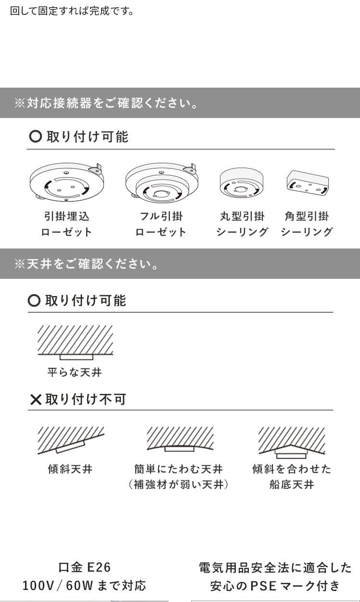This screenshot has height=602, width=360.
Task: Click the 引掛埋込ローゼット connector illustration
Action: click(x=66, y=182)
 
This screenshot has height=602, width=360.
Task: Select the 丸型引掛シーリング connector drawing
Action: click(x=241, y=183)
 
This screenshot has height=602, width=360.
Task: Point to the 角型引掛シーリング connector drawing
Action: click(x=308, y=183)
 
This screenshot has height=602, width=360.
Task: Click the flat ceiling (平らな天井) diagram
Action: click(x=75, y=342)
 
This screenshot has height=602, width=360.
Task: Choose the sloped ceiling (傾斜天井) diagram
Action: click(x=71, y=441)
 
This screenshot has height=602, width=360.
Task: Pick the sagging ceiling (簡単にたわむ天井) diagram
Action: click(x=180, y=439)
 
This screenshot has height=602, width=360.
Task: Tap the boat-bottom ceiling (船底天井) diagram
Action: click(x=292, y=443)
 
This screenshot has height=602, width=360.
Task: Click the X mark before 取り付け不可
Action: click(x=36, y=399)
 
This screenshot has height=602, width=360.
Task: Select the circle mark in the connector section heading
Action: click(x=36, y=136)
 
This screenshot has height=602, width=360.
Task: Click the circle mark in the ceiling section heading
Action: click(x=34, y=300)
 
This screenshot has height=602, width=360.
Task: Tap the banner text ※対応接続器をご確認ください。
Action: click(x=106, y=103)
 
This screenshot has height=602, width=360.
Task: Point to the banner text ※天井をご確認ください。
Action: click(x=86, y=264)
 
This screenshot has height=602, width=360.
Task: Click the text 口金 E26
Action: click(x=84, y=567)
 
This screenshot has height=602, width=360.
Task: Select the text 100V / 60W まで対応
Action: click(x=84, y=586)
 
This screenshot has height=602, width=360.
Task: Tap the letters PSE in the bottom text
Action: click(x=263, y=586)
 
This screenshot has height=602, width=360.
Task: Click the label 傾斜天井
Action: click(x=70, y=469)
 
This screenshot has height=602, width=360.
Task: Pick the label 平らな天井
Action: click(x=75, y=372)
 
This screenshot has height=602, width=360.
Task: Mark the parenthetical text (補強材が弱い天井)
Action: click(x=179, y=484)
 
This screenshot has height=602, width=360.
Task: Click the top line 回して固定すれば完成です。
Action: click(x=72, y=11)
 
